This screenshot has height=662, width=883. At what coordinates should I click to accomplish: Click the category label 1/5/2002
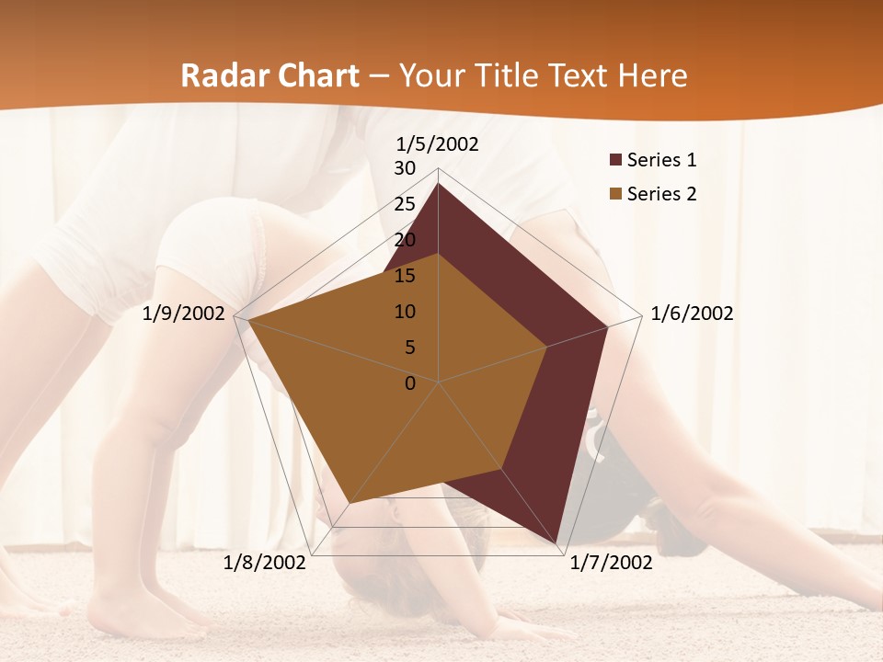(438, 143)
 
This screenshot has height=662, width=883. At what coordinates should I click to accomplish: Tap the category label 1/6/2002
(692, 314)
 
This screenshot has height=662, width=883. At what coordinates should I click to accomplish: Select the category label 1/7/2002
(611, 563)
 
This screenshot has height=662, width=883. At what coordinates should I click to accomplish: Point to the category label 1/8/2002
(265, 563)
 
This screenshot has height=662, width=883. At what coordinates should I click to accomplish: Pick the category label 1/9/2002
(184, 314)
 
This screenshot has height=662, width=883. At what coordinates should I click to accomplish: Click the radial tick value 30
(405, 168)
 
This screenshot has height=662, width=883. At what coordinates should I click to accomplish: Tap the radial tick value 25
(405, 204)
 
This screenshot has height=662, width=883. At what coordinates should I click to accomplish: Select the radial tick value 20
(405, 240)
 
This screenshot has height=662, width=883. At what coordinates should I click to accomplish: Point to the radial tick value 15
(405, 276)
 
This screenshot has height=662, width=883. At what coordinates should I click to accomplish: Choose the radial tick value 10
(405, 312)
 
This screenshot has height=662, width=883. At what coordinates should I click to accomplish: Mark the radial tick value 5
(409, 348)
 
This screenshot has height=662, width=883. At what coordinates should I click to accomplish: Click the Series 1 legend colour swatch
(615, 160)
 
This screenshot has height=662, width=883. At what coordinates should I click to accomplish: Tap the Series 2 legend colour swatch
(615, 194)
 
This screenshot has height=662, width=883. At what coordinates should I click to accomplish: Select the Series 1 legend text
(661, 160)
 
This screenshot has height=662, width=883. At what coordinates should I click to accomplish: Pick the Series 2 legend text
(661, 194)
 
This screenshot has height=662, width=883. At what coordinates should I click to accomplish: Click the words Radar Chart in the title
(269, 75)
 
